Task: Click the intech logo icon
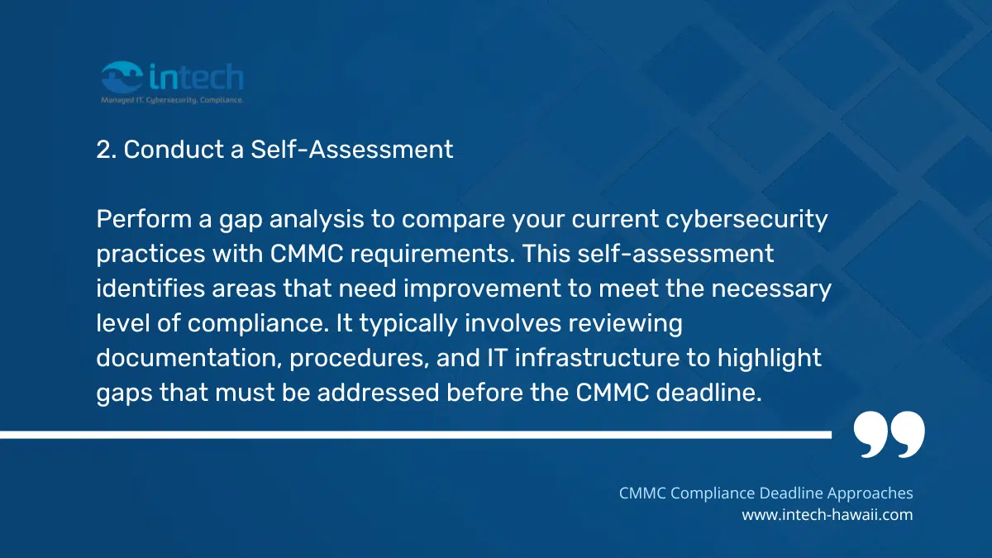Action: click(x=122, y=79)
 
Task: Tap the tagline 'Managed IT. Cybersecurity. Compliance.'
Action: click(x=172, y=100)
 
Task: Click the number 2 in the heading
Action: click(x=103, y=150)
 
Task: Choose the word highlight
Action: click(x=772, y=358)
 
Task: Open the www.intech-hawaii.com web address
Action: click(x=827, y=514)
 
